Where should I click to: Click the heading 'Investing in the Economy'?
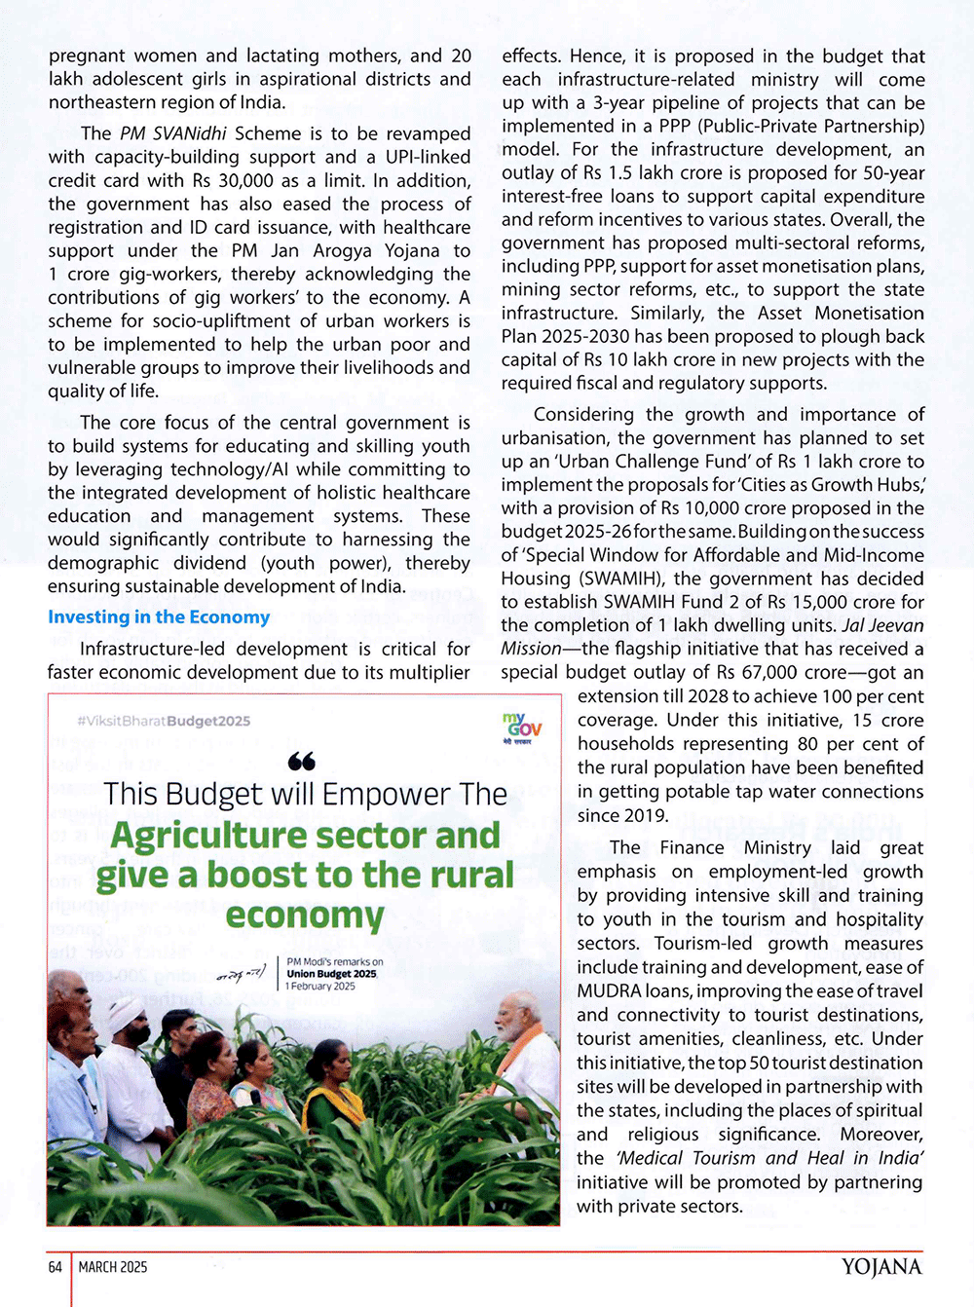coord(159,617)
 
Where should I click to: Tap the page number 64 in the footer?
coord(56,1267)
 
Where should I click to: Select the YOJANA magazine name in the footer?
coord(881,1267)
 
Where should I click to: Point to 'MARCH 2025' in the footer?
coord(113,1267)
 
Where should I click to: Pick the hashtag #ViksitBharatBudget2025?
coord(164,722)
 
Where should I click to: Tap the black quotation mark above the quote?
coord(302,762)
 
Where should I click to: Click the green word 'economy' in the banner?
coord(305,915)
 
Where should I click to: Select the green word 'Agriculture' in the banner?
coord(208,836)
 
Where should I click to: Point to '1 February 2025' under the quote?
coord(321,987)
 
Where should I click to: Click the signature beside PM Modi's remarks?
coord(241,972)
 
